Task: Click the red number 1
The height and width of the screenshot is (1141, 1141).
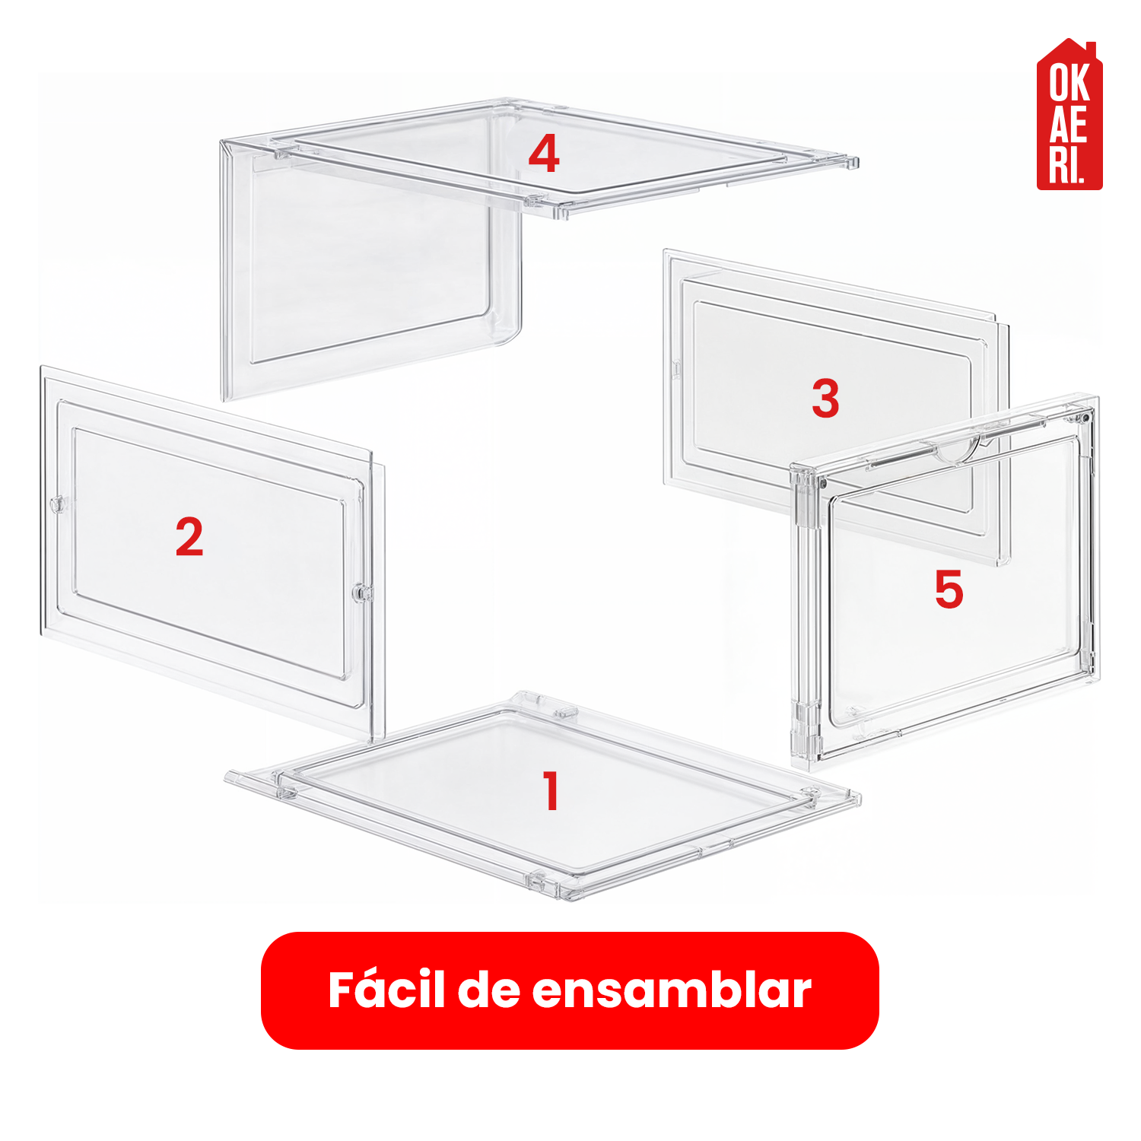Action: coord(551,790)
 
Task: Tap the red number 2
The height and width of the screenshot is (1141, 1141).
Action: coord(189,537)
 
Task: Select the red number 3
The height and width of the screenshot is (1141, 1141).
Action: coord(825,398)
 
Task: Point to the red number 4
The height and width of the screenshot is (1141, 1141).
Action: coord(544,154)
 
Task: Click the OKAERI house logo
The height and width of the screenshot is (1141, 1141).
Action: coord(1069,114)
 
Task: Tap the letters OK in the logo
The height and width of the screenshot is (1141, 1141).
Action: coord(1069,82)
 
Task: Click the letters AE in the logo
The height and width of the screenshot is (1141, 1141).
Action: coord(1069,123)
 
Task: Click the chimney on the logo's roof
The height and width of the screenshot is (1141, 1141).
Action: coord(1089,50)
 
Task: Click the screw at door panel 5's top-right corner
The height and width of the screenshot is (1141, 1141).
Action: coord(1086,418)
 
